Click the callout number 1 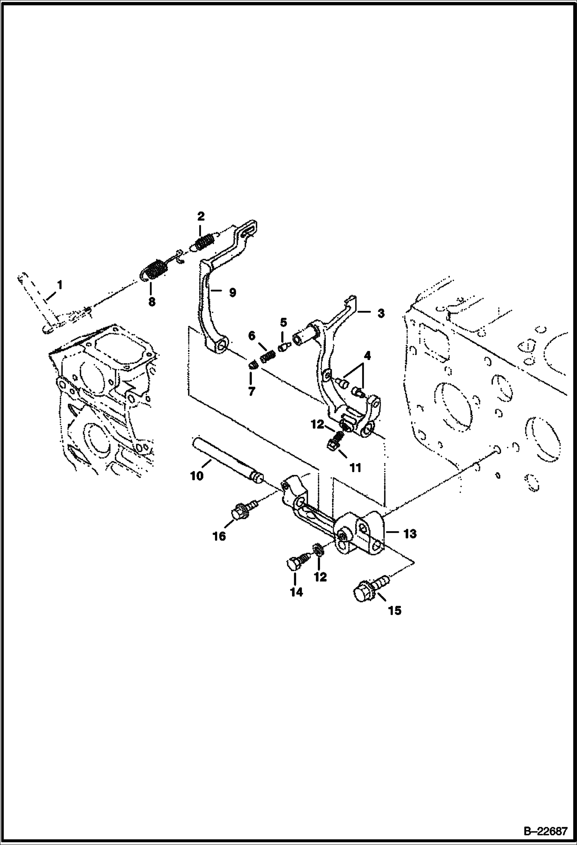tap(59, 285)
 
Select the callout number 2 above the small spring tap(200, 216)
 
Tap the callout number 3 tap(381, 314)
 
